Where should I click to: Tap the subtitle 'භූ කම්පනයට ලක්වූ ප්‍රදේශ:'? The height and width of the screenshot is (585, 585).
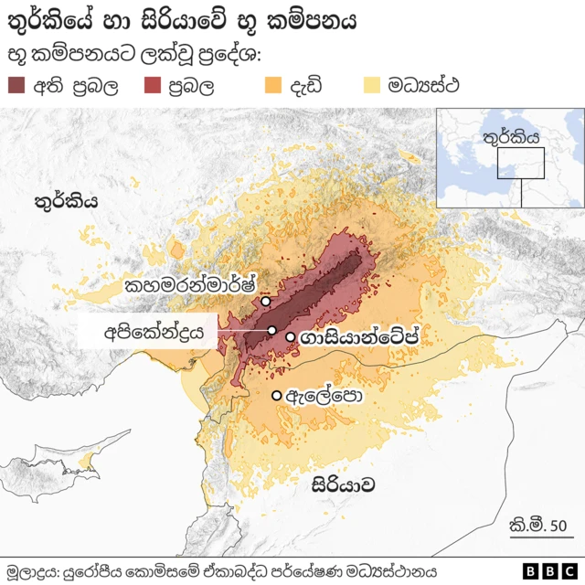click(x=134, y=55)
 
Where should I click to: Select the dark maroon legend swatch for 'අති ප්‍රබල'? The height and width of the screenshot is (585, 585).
click(x=17, y=87)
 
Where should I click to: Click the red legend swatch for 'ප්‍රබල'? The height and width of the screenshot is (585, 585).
click(x=153, y=87)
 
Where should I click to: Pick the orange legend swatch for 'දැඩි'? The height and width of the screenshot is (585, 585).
click(x=273, y=87)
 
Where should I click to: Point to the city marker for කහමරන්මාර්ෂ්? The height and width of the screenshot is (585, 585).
click(x=265, y=301)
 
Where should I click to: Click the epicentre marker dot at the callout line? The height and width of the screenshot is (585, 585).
click(x=271, y=330)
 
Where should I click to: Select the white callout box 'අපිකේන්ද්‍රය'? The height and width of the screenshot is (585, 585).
click(x=148, y=331)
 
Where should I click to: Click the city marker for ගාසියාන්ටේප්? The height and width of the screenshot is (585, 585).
click(x=291, y=337)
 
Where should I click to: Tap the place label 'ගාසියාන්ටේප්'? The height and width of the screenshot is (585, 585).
click(x=363, y=338)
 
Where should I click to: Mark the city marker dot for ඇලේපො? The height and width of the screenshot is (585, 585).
click(x=276, y=395)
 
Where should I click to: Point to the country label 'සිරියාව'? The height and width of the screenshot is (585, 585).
click(x=343, y=484)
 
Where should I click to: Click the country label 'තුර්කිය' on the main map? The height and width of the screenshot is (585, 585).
click(x=66, y=202)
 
